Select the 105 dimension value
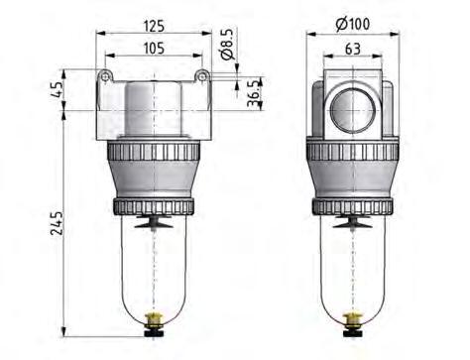(x=152, y=47)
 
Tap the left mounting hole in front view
(x=103, y=76)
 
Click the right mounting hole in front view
(x=201, y=76)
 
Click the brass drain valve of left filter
(x=152, y=323)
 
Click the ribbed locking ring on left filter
(x=152, y=156)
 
